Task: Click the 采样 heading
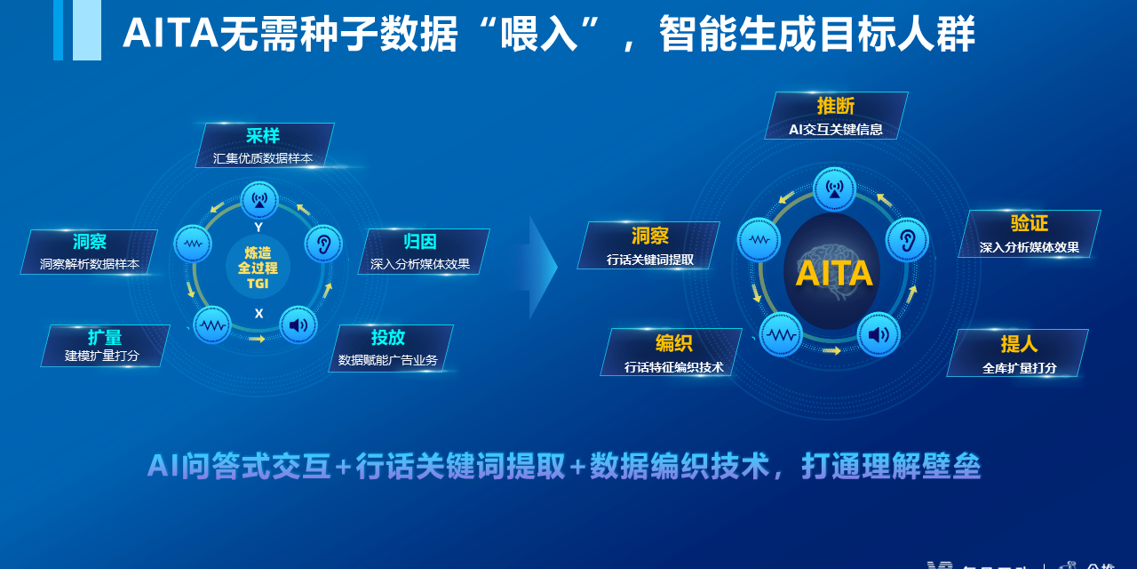[x=263, y=136]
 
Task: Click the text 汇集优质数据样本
[x=263, y=158]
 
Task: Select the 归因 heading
[x=420, y=242]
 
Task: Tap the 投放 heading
[x=388, y=338]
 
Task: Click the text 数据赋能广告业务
[x=388, y=360]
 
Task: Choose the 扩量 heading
[x=105, y=338]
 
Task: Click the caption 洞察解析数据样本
[x=90, y=264]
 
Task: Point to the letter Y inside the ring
[x=258, y=228]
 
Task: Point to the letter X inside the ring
[x=258, y=314]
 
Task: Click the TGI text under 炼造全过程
[x=258, y=284]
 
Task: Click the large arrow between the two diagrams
[x=537, y=267]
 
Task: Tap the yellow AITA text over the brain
[x=833, y=273]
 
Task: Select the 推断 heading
[x=835, y=107]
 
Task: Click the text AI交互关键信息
[x=835, y=130]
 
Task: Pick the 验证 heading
[x=1029, y=224]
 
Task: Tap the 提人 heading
[x=1019, y=344]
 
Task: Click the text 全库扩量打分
[x=1019, y=367]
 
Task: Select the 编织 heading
[x=673, y=343]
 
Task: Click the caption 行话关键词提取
[x=650, y=260]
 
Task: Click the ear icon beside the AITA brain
[x=907, y=240]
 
